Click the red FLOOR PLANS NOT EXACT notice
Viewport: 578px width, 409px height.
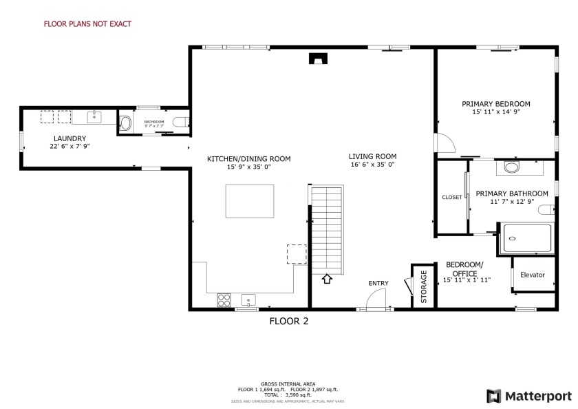(x=87, y=24)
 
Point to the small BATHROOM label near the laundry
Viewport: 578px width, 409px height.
(x=153, y=122)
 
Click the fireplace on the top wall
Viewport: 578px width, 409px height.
(x=317, y=59)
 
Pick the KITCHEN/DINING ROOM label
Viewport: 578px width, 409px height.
(x=248, y=159)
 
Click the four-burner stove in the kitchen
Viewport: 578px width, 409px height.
(x=224, y=300)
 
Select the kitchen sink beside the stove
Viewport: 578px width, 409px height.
(x=248, y=300)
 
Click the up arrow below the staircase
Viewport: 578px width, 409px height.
(x=327, y=279)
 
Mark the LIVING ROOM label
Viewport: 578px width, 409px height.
(x=372, y=156)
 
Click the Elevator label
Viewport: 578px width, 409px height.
(x=532, y=275)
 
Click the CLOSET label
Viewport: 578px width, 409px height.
(x=452, y=198)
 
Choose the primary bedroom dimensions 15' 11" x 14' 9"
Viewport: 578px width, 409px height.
(x=495, y=112)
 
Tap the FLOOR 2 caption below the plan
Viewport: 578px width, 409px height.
(x=288, y=320)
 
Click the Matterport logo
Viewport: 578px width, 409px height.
(x=528, y=396)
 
